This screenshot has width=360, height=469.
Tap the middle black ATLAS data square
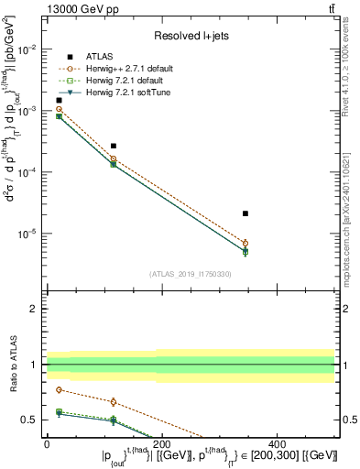[114, 146]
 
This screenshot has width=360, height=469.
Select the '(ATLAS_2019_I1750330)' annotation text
[191, 274]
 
